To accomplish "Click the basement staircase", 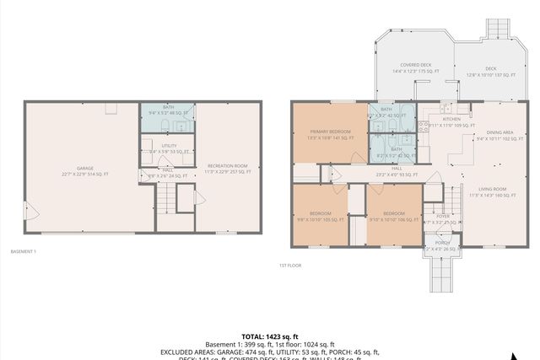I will click(x=167, y=201).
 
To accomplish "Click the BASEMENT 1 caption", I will click(x=24, y=251).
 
